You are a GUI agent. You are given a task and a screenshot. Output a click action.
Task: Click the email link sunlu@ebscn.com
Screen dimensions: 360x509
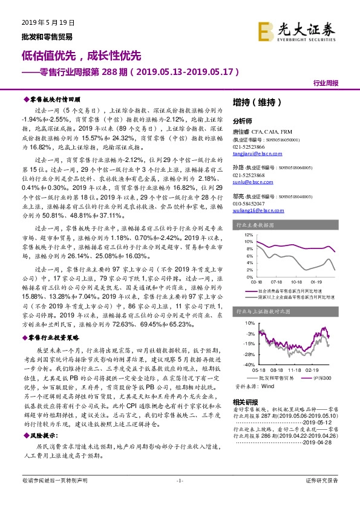pyautogui.click(x=249, y=181)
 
